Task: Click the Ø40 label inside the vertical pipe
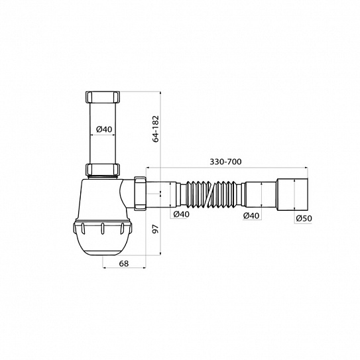click(103, 129)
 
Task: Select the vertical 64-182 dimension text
click(155, 129)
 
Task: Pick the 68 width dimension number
click(124, 264)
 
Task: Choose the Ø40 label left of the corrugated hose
click(180, 215)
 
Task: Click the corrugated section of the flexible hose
click(213, 193)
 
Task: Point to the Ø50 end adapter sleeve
click(293, 193)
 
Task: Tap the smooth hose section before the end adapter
click(258, 193)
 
